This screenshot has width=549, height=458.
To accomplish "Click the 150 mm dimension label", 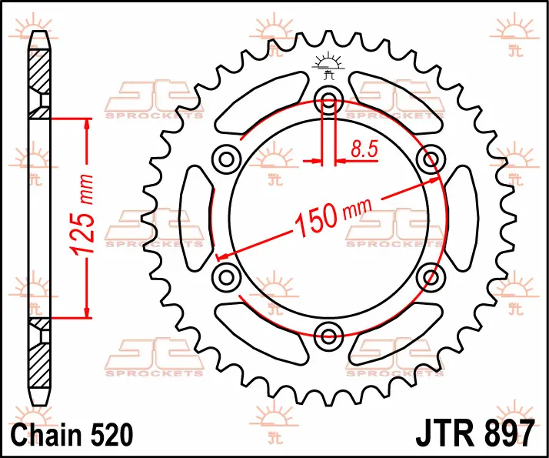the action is pyautogui.click(x=333, y=217).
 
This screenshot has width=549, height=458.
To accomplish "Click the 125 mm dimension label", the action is pyautogui.click(x=82, y=214).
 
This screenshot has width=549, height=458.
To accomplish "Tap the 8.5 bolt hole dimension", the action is pyautogui.click(x=364, y=149).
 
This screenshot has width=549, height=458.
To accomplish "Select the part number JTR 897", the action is pyautogui.click(x=475, y=434).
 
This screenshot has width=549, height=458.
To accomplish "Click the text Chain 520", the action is pyautogui.click(x=72, y=434).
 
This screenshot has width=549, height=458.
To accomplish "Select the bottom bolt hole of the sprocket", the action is pyautogui.click(x=328, y=336).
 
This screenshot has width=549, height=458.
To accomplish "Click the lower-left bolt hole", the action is pyautogui.click(x=227, y=278).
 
